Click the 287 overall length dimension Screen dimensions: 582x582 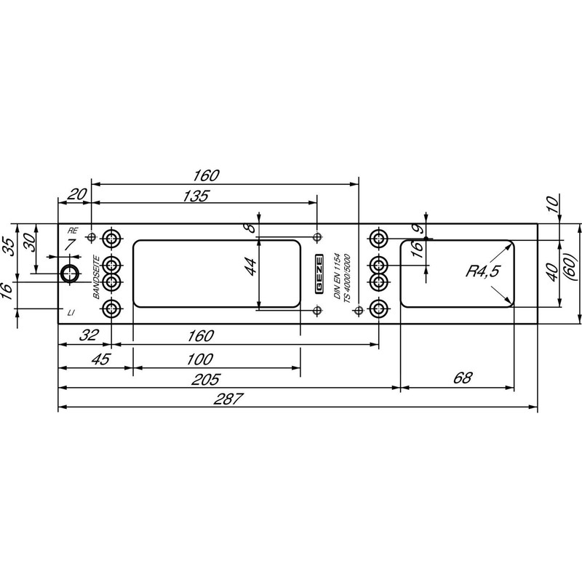[x=228, y=399]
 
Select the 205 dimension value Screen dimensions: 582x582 [x=205, y=379]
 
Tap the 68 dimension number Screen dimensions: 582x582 [x=463, y=378]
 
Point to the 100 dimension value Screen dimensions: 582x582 [x=199, y=359]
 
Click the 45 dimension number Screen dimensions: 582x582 [x=101, y=359]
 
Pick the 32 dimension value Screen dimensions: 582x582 [x=89, y=335]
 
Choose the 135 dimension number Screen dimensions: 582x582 [x=196, y=196]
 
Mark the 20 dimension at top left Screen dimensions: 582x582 [x=77, y=194]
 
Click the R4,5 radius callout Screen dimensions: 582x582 [x=483, y=271]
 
